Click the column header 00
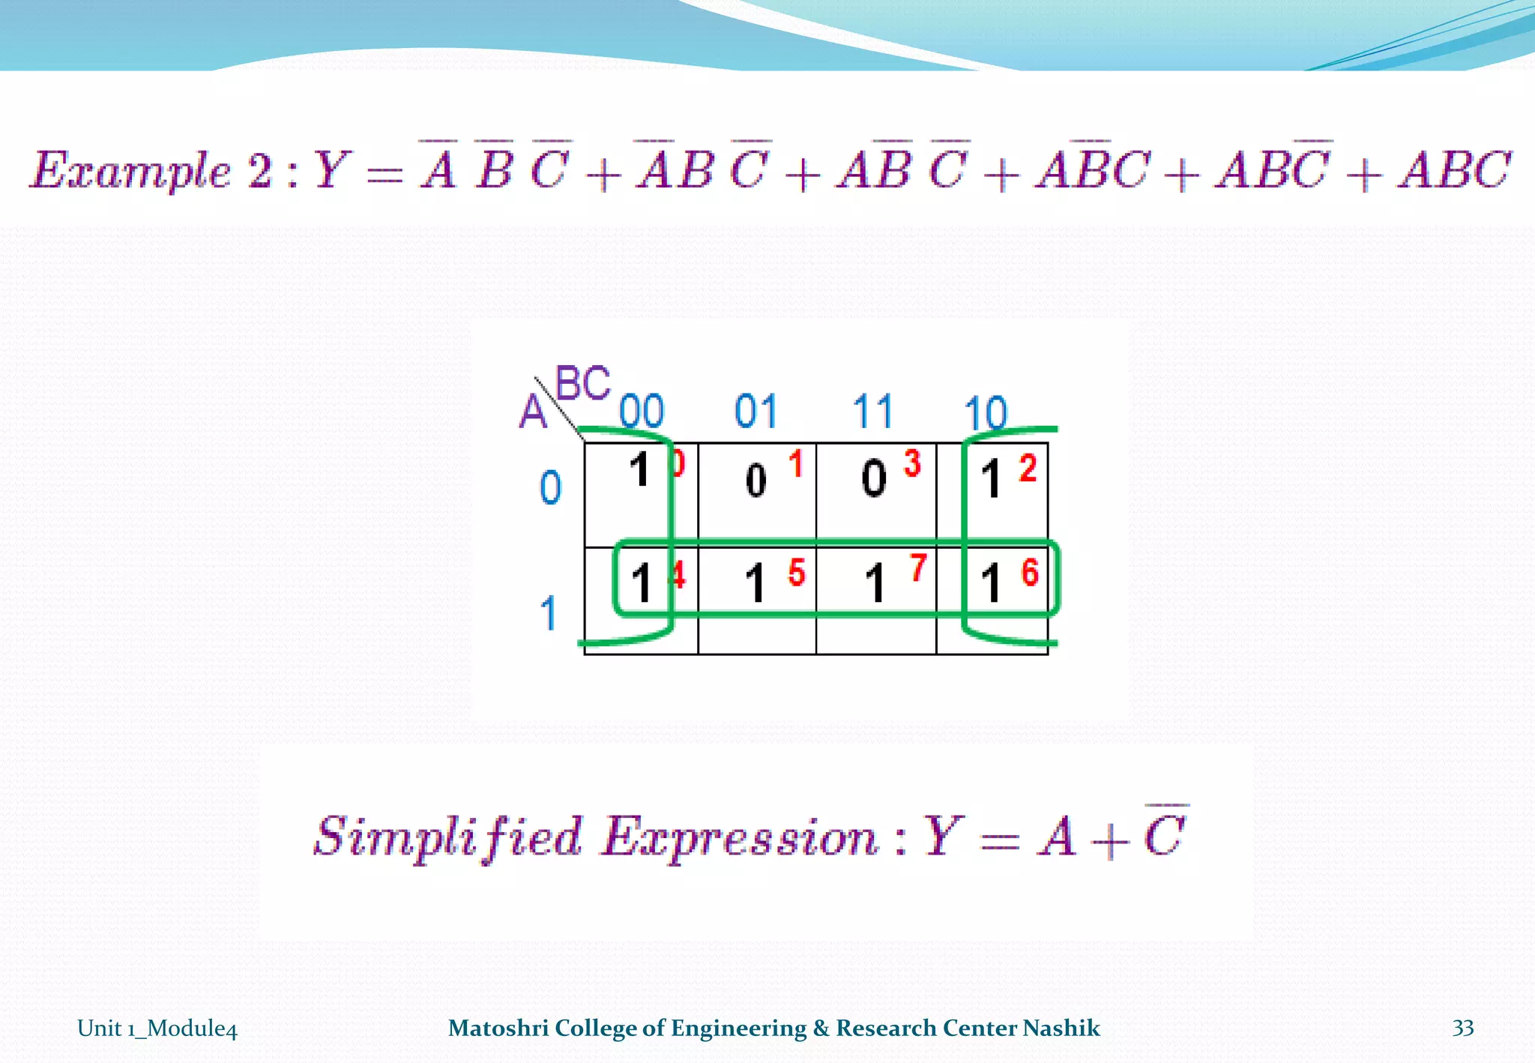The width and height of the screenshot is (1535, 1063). pyautogui.click(x=642, y=412)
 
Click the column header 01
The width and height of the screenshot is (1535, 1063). pyautogui.click(x=756, y=412)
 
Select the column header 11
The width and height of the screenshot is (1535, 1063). pyautogui.click(x=873, y=412)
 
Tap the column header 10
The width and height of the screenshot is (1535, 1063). pyautogui.click(x=986, y=413)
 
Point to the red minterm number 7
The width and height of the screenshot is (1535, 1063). pyautogui.click(x=918, y=567)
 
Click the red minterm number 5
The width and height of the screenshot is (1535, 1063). pyautogui.click(x=797, y=573)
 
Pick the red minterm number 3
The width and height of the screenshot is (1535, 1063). pyautogui.click(x=912, y=463)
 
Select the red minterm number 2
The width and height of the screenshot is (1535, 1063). pyautogui.click(x=1028, y=469)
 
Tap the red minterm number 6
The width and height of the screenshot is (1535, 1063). pyautogui.click(x=1031, y=573)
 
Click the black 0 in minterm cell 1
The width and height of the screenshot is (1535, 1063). pyautogui.click(x=756, y=480)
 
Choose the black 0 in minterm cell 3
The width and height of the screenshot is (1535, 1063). pyautogui.click(x=874, y=478)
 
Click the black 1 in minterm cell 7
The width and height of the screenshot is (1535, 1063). pyautogui.click(x=875, y=583)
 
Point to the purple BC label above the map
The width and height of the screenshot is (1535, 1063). pyautogui.click(x=583, y=384)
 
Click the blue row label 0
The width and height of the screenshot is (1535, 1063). pyautogui.click(x=551, y=487)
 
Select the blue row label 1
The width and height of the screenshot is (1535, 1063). pyautogui.click(x=549, y=613)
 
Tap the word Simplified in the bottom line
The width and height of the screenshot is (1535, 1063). pyautogui.click(x=447, y=837)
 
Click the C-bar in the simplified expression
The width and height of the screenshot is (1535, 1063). pyautogui.click(x=1164, y=832)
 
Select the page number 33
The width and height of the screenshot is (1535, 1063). pyautogui.click(x=1463, y=1028)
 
